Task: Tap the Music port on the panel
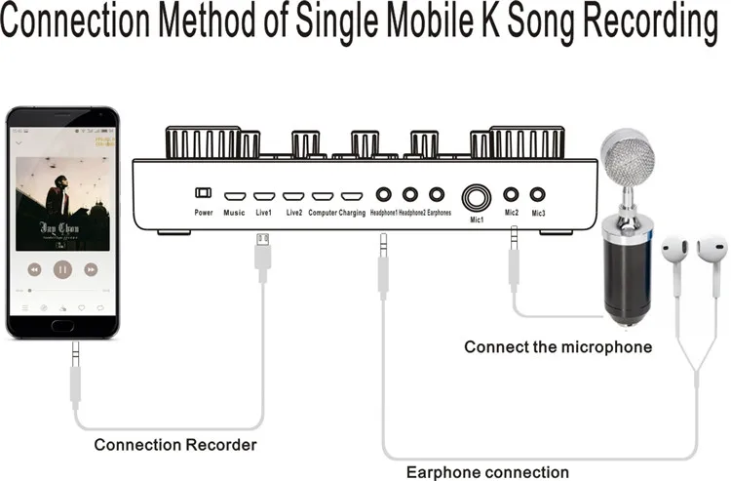tap(234, 196)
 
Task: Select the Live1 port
tap(263, 196)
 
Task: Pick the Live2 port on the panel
tap(293, 196)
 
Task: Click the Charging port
tap(352, 196)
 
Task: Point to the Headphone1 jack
tap(384, 195)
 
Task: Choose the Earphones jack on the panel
tap(437, 195)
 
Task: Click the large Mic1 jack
tap(477, 197)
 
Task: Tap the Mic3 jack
tap(538, 195)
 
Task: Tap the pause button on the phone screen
tap(62, 268)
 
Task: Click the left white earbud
tap(673, 253)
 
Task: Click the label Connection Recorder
tap(175, 445)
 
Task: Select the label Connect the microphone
tap(558, 346)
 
